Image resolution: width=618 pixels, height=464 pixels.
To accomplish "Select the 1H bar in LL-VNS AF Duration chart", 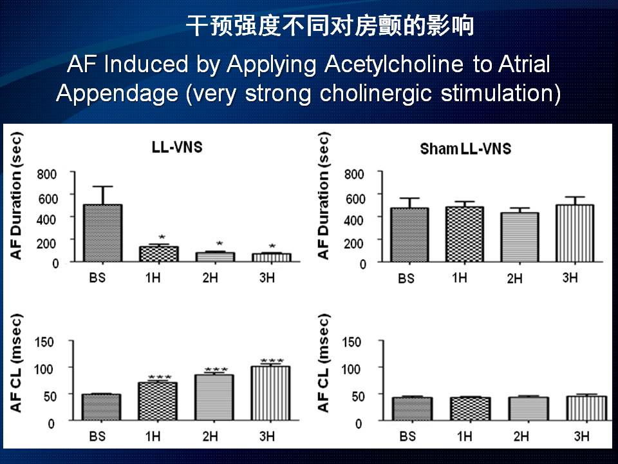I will click(158, 253).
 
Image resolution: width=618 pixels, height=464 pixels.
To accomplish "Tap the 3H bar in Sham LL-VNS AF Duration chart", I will click(574, 233).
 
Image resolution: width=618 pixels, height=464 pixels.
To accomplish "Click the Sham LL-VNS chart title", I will click(465, 150).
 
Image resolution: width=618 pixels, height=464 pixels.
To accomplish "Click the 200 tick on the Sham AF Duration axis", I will click(355, 242).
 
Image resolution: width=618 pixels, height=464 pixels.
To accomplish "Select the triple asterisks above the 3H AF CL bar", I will click(272, 362).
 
